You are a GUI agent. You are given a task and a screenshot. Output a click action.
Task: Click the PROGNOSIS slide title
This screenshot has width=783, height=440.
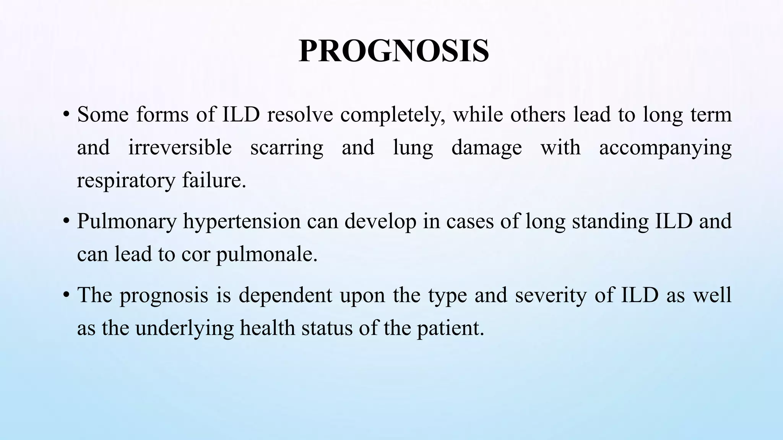coord(393,51)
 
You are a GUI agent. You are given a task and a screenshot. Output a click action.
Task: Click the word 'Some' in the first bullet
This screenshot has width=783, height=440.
coord(102,115)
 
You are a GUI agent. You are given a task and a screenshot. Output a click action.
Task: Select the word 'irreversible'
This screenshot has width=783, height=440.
coord(180,148)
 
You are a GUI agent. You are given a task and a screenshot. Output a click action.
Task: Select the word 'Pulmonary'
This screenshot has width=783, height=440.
coord(127,222)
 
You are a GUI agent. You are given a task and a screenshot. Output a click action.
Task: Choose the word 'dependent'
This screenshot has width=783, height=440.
coord(285,296)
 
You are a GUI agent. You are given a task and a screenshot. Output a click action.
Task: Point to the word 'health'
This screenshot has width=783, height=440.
coord(267,328)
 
